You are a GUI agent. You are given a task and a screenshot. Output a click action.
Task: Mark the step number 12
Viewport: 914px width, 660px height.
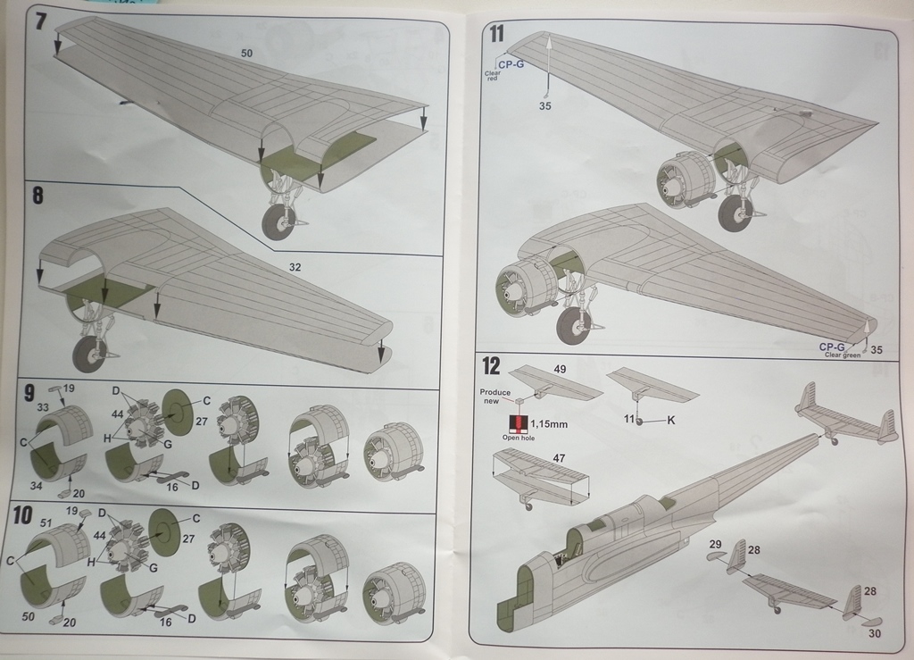pyautogui.click(x=491, y=364)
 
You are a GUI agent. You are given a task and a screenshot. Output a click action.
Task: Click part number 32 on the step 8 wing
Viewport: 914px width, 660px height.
pyautogui.click(x=295, y=266)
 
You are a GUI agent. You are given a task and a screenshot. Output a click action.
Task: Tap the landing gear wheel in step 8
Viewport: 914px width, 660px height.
pyautogui.click(x=88, y=353)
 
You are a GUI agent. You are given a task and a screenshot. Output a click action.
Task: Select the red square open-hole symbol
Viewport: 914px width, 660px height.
pyautogui.click(x=515, y=422)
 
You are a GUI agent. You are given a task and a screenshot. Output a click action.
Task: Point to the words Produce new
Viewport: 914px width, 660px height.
pyautogui.click(x=495, y=397)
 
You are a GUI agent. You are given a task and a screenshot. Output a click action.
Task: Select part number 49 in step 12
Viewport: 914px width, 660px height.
pyautogui.click(x=560, y=368)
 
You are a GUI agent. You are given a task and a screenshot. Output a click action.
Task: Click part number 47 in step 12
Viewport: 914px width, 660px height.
pyautogui.click(x=560, y=457)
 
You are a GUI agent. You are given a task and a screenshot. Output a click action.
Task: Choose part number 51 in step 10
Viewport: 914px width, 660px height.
pyautogui.click(x=46, y=523)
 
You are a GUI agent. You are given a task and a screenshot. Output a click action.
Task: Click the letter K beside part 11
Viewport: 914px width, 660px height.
pyautogui.click(x=669, y=420)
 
